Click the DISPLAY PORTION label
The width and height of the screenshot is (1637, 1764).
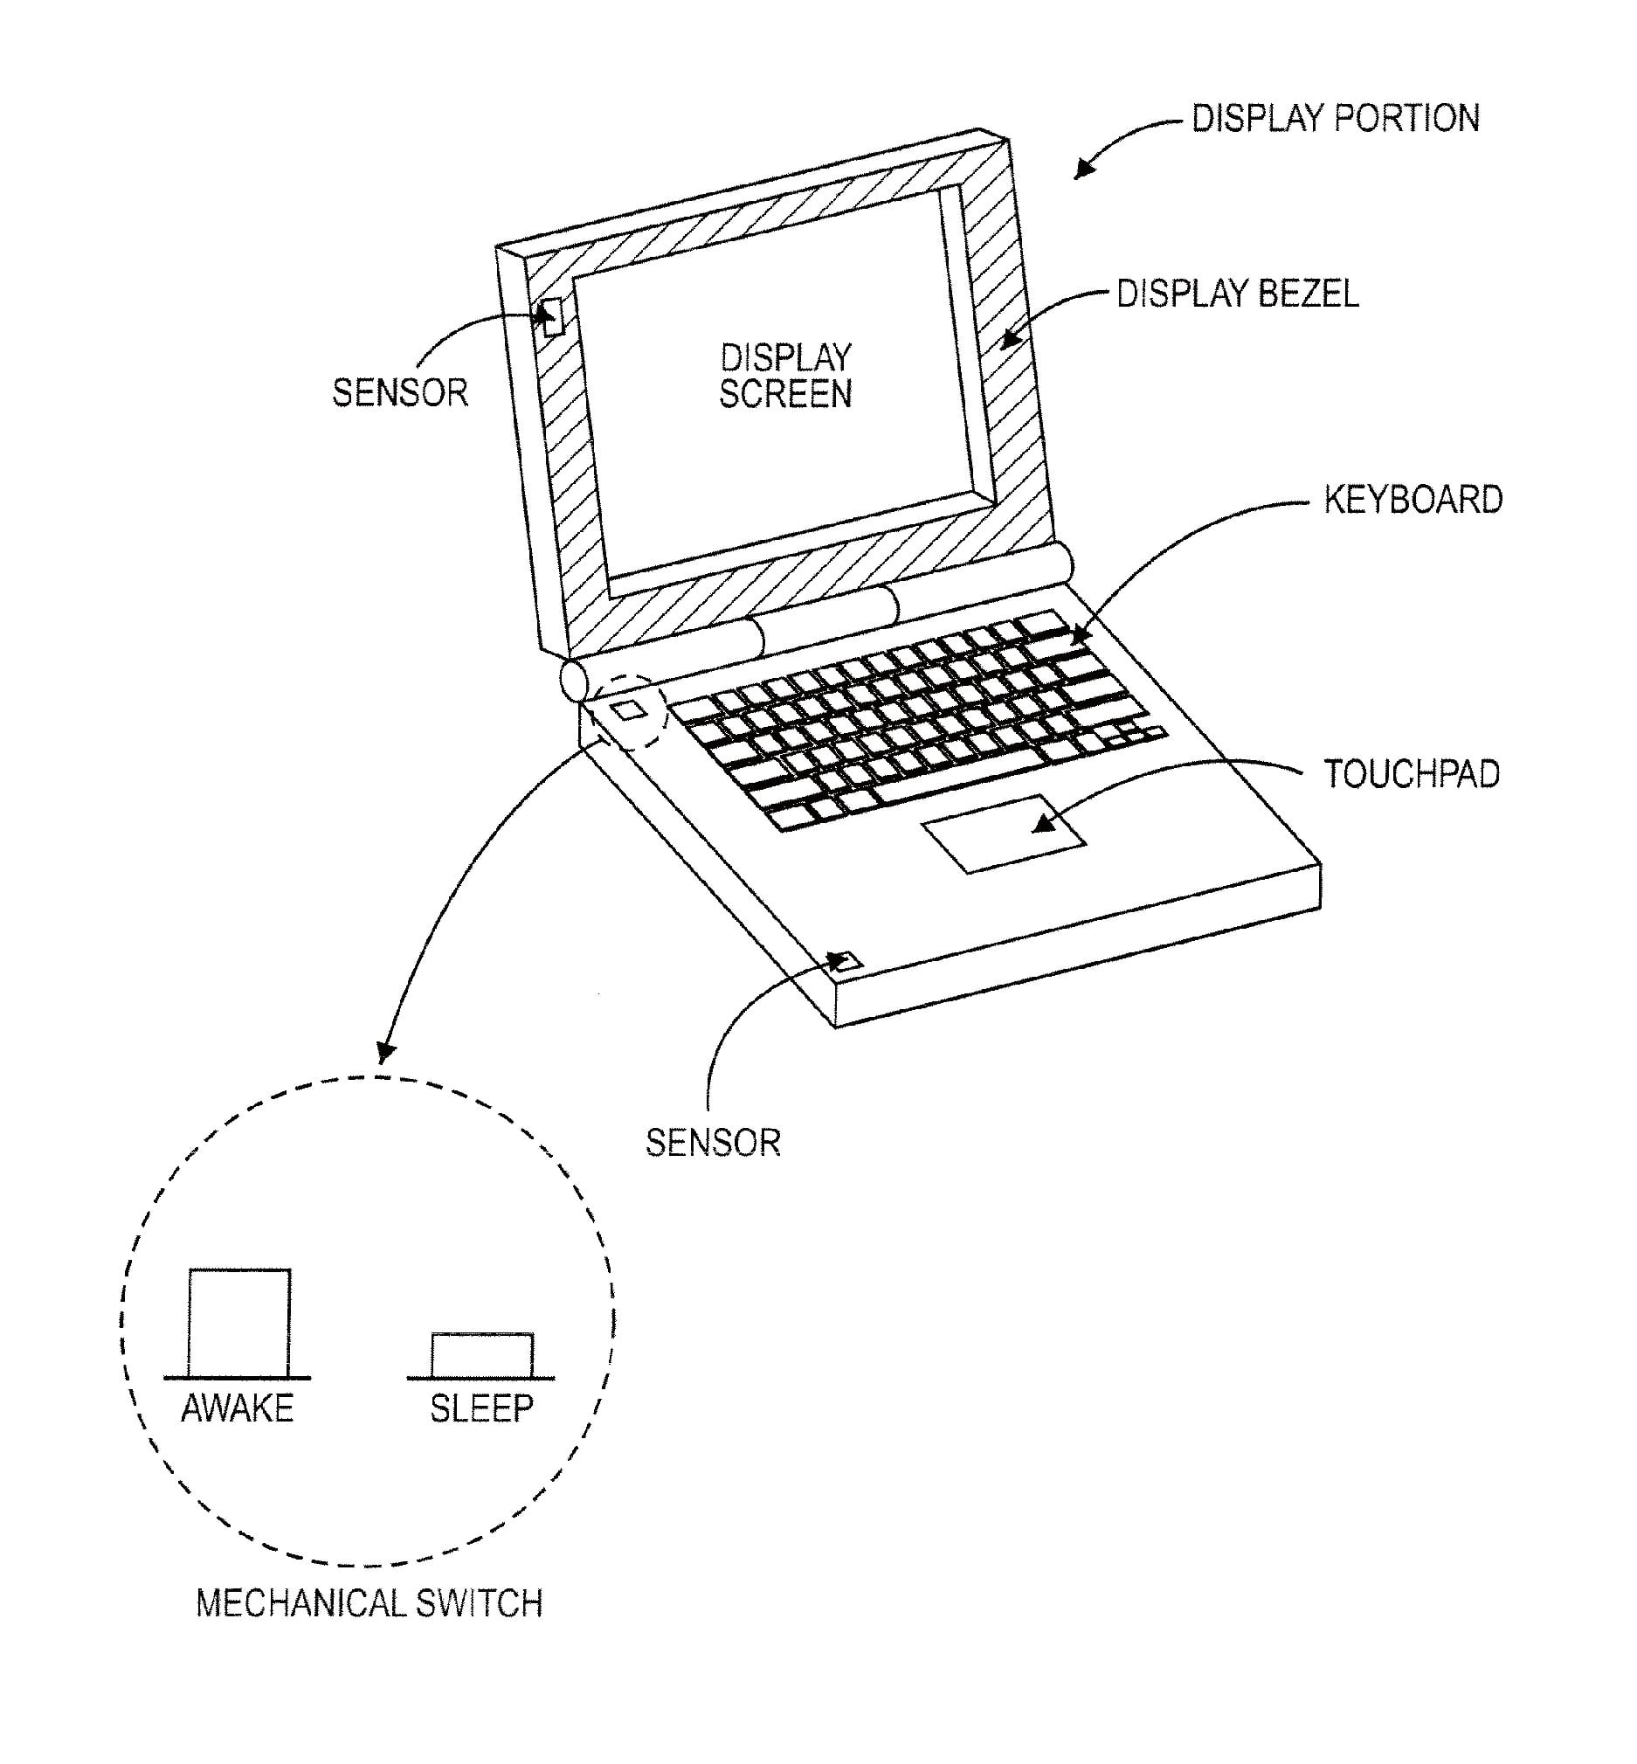[x=1335, y=119]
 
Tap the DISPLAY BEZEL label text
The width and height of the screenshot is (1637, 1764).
[x=1237, y=294]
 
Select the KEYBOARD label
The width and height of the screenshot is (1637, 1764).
[x=1413, y=500]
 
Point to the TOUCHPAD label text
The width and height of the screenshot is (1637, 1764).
[x=1411, y=774]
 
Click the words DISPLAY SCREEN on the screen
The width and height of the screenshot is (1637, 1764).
[x=784, y=376]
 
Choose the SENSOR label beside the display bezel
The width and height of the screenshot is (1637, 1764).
[x=399, y=392]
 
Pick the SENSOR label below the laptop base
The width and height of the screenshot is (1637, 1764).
[x=712, y=1143]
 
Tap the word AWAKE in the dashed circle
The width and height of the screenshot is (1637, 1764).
[x=238, y=1408]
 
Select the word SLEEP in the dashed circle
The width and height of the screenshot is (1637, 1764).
[x=482, y=1408]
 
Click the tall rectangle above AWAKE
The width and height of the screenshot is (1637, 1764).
[x=239, y=1322]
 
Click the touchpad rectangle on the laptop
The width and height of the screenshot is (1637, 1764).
[x=1004, y=833]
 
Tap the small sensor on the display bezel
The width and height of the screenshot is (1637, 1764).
[x=553, y=317]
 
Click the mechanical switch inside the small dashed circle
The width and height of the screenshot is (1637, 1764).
[x=630, y=709]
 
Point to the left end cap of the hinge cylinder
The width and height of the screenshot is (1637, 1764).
[x=573, y=681]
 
